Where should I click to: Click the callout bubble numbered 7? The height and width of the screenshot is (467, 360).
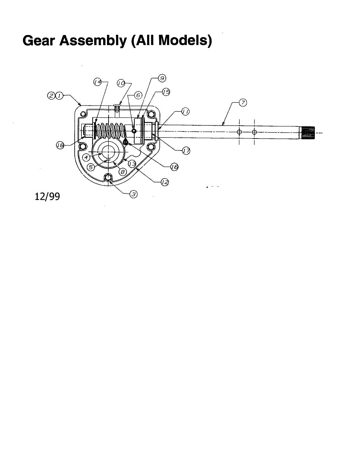click(243, 103)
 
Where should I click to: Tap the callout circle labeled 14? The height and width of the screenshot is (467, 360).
click(98, 82)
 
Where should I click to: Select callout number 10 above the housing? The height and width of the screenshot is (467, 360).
click(121, 83)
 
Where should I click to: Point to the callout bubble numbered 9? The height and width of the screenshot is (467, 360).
click(162, 78)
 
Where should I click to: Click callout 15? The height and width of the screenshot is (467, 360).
click(166, 92)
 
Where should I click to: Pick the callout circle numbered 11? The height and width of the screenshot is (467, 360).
click(186, 112)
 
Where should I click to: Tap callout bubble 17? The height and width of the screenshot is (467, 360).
click(186, 151)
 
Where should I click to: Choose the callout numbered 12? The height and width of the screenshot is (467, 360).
click(165, 183)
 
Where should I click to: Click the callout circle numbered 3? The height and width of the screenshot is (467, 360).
click(133, 195)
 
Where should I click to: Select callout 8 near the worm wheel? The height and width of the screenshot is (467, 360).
click(123, 172)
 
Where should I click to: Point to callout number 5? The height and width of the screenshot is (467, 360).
click(91, 167)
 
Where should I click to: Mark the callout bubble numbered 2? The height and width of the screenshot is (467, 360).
click(51, 96)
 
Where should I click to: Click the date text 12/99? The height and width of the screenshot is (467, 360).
click(47, 197)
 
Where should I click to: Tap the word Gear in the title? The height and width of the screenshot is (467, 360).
click(39, 40)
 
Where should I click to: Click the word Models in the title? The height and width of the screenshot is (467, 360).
click(185, 40)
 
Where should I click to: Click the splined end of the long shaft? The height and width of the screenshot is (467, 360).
click(308, 133)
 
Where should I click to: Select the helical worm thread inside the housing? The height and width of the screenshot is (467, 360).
click(110, 131)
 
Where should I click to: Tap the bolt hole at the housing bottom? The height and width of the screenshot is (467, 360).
click(108, 177)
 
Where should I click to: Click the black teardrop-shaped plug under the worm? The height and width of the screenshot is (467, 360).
click(126, 141)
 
